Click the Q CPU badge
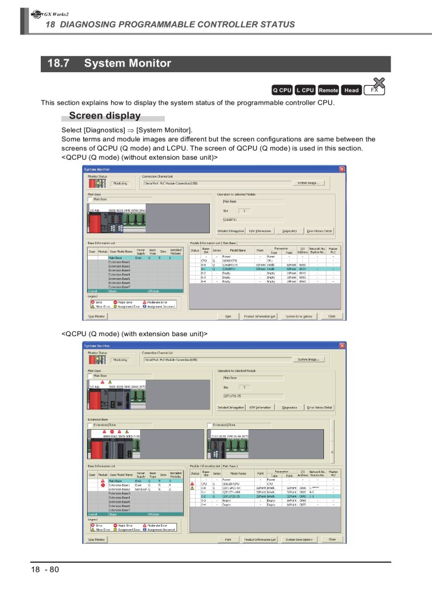click(282, 90)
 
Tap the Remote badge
click(328, 90)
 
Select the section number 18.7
click(59, 64)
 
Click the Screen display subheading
click(105, 116)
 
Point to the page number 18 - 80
click(46, 569)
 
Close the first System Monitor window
click(343, 170)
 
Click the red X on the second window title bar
click(343, 346)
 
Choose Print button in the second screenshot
click(228, 540)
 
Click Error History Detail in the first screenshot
click(320, 231)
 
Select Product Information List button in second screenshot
click(259, 540)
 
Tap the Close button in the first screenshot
click(331, 316)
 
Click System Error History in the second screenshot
click(299, 540)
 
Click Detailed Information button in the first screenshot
click(231, 231)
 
